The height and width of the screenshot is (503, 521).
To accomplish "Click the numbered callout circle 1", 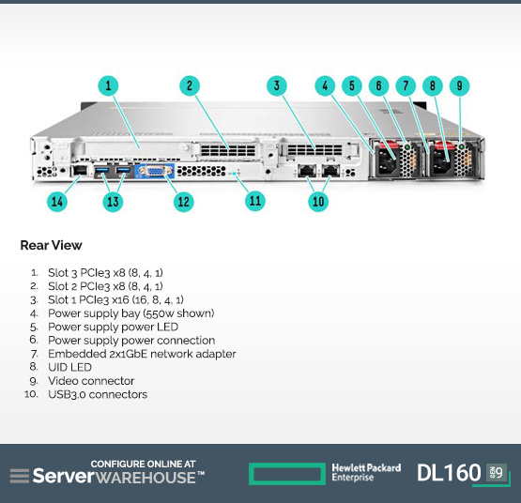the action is (108, 85).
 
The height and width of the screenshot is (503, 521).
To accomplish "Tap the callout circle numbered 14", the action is (57, 202).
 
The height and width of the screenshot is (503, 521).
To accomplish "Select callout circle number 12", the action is (183, 202).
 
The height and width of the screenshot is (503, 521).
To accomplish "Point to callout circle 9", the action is (459, 85).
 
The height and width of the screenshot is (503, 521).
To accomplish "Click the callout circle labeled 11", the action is (254, 201).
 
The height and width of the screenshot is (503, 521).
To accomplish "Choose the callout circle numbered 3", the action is (276, 85).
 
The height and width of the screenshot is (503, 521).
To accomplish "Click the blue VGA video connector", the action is (155, 171).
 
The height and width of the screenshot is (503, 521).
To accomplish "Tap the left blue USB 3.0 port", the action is (101, 171).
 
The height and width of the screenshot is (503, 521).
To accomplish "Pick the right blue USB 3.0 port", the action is (123, 171).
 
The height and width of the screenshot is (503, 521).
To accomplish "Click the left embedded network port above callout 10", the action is (306, 171).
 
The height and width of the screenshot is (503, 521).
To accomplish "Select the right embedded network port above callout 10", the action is (330, 171).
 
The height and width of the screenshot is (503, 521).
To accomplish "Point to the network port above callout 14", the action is (80, 171).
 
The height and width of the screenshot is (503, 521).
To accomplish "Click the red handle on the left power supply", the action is (388, 145).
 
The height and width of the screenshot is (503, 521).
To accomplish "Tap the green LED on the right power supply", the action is (461, 146).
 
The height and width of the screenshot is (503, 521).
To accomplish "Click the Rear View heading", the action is (51, 245).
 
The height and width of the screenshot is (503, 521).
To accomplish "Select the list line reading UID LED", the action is (69, 367).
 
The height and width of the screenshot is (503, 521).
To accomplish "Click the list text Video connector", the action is (91, 381).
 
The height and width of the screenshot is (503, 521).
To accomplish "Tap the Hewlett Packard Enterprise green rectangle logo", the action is (287, 473).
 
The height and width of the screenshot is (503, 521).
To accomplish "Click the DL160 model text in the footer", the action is (449, 472).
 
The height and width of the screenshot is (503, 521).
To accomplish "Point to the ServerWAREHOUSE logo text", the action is (118, 476).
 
